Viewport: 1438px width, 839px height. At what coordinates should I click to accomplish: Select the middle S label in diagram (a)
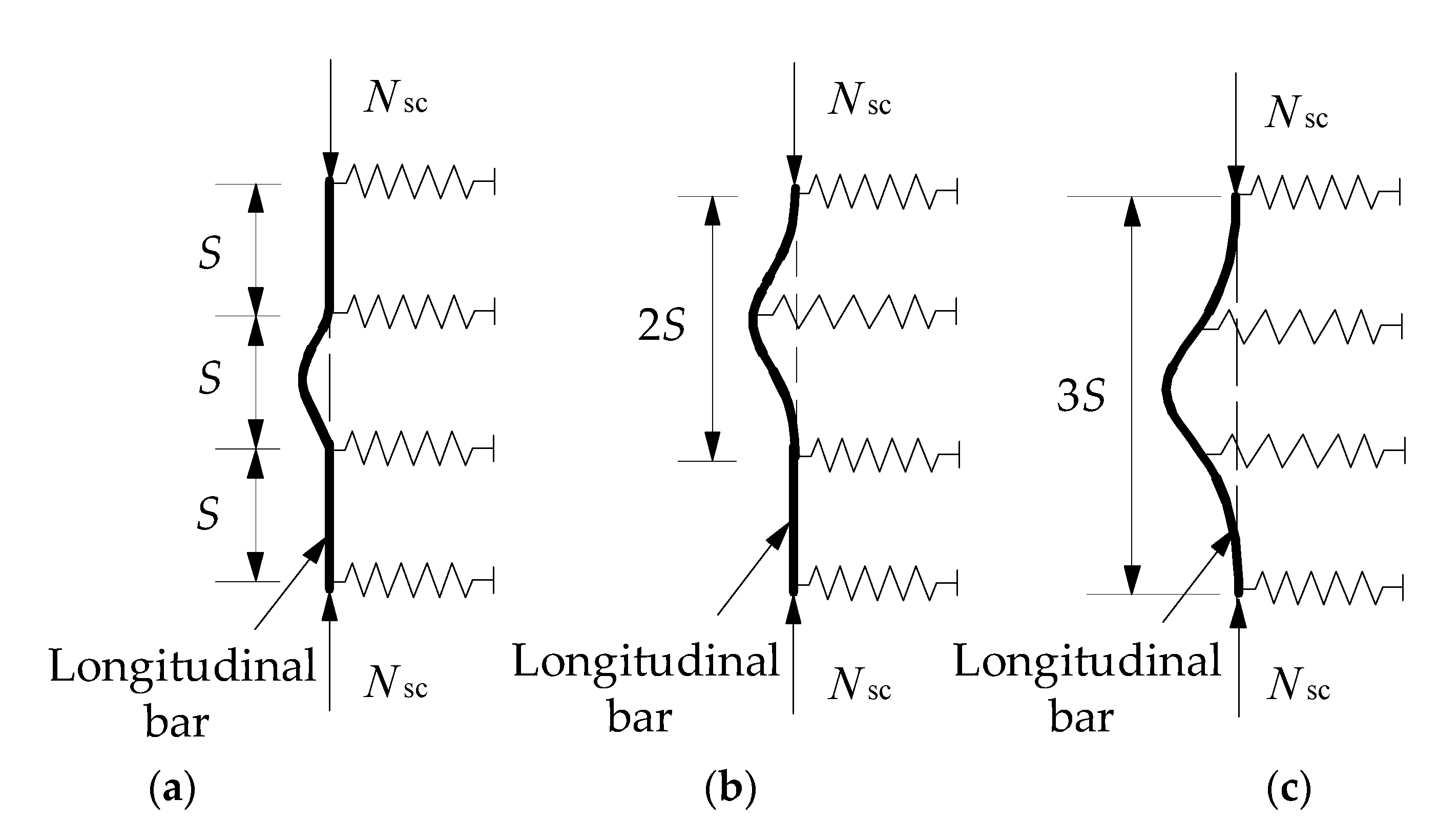pos(210,378)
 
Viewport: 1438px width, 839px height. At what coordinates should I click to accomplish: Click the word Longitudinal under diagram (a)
pos(182,666)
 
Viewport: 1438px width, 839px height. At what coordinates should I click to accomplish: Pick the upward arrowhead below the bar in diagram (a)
pos(329,606)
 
